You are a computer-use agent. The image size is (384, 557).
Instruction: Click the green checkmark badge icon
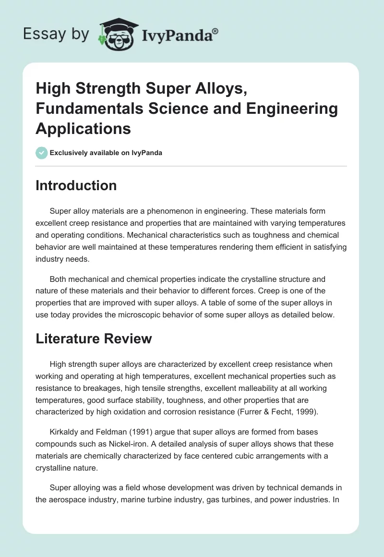(41, 153)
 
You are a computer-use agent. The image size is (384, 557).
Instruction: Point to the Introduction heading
(76, 185)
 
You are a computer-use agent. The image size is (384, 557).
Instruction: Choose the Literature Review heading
(94, 339)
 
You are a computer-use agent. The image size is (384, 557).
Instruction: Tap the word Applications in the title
(83, 128)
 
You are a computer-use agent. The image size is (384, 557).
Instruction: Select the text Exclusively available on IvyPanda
(106, 153)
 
